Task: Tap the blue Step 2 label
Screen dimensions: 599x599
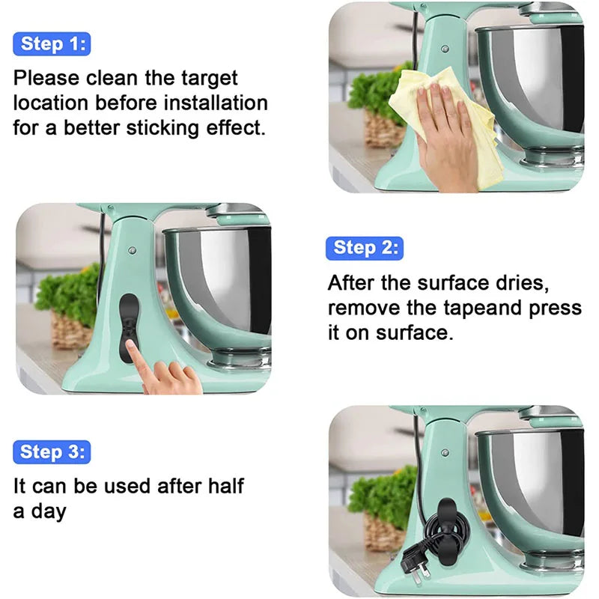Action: click(x=364, y=248)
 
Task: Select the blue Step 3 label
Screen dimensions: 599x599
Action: click(x=51, y=452)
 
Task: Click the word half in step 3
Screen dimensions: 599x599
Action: click(x=222, y=486)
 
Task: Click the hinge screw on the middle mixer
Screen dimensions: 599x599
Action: click(x=131, y=250)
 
